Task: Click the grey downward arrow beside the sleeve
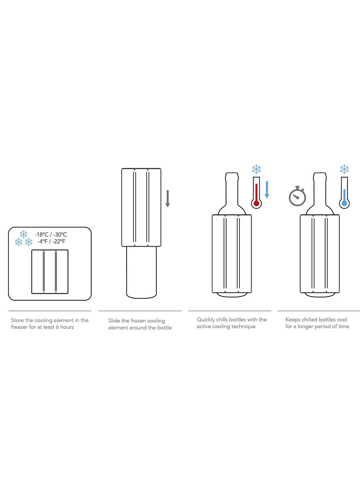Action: point(167,199)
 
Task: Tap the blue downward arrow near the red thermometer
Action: point(267,190)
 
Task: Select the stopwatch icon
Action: point(297,196)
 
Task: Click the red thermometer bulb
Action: point(256,204)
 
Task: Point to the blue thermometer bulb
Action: point(344,204)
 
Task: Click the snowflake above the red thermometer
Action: point(256,169)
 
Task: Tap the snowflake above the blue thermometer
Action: point(344,169)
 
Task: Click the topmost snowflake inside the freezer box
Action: point(24,234)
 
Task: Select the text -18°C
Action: point(41,235)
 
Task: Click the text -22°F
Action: point(59,241)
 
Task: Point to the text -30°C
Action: point(60,235)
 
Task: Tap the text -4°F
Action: point(42,241)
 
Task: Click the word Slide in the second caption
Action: point(114,321)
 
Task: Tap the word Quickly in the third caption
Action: point(206,320)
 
